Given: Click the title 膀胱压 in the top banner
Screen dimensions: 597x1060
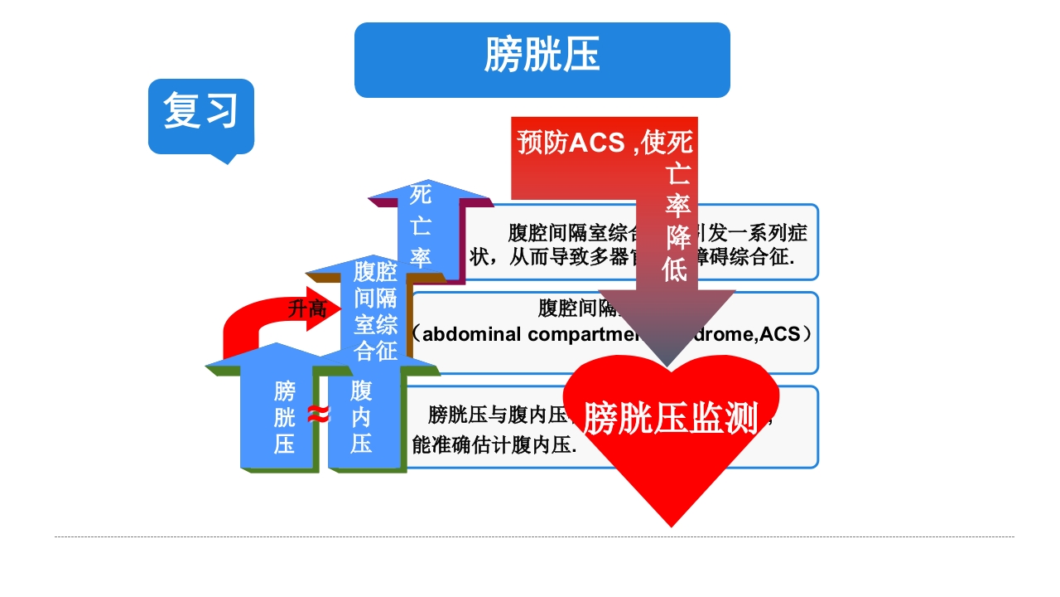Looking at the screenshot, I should coord(542,56).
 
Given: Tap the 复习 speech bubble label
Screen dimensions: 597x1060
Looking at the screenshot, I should coord(200,110).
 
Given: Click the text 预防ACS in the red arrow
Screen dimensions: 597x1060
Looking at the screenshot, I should coord(571,143).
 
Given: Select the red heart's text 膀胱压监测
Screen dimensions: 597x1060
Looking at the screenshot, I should coord(671,418).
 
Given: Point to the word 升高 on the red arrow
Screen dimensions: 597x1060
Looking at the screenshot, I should coord(306,309).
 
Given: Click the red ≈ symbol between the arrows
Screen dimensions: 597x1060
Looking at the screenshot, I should coord(319,414).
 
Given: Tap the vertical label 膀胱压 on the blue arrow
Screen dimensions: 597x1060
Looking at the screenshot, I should coord(284,417).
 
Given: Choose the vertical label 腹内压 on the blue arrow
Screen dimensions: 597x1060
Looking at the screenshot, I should coord(361,417).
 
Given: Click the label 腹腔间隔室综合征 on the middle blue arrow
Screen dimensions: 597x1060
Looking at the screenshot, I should coord(375,311).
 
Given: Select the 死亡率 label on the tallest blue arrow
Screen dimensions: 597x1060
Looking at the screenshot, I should coord(421,226).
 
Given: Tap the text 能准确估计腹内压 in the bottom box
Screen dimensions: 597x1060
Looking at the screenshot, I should coord(494,445).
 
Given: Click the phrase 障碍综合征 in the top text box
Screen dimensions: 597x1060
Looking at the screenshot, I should coord(745,257).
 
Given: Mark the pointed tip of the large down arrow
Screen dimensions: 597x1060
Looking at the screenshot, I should coord(667,366).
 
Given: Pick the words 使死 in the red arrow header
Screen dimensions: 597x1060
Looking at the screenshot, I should coord(667,143).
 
